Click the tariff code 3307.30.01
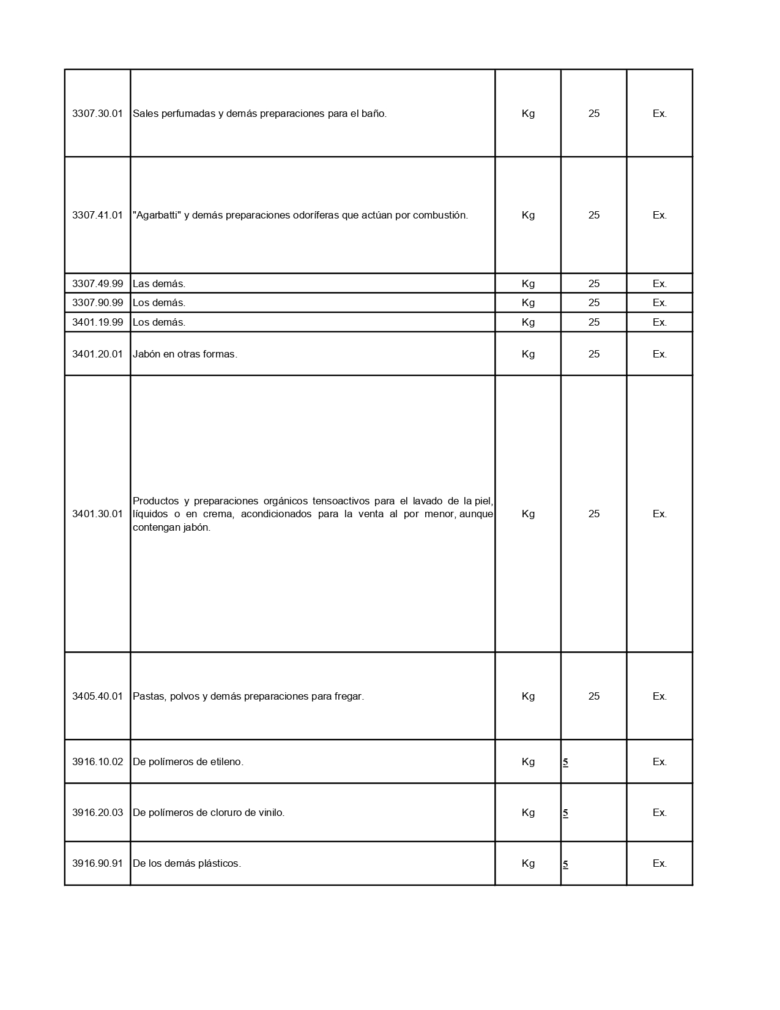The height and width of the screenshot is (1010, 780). (x=97, y=113)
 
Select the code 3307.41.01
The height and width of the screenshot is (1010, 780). (x=97, y=215)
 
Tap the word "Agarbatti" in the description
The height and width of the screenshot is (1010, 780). (x=157, y=215)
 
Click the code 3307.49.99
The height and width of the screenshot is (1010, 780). (x=97, y=283)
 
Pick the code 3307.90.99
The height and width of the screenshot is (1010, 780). (x=97, y=302)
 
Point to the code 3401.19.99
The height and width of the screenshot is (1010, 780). (x=97, y=322)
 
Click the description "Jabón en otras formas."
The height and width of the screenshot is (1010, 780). (x=185, y=354)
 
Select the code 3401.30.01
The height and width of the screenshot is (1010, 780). (x=97, y=514)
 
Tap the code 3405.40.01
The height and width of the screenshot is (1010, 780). (x=97, y=696)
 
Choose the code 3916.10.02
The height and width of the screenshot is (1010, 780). (x=97, y=761)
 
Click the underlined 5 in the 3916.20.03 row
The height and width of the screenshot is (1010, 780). (x=565, y=813)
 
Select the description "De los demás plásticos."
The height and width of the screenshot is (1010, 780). (x=187, y=863)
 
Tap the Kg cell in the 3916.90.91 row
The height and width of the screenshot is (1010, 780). (x=528, y=863)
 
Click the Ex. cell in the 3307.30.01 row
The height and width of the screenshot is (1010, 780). (x=659, y=113)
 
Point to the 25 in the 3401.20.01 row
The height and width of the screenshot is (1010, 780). (x=593, y=354)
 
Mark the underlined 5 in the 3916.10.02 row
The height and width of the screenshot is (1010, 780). (x=565, y=762)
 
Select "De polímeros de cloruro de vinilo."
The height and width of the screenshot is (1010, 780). (x=209, y=812)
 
